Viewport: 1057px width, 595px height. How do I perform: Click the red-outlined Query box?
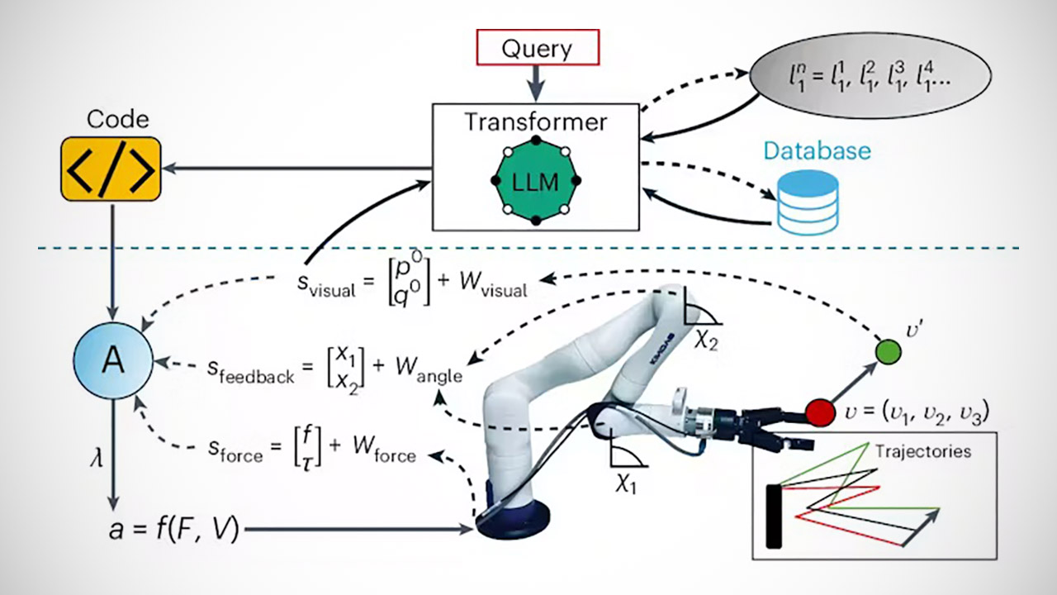(536, 48)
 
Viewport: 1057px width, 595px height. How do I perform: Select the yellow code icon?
(110, 169)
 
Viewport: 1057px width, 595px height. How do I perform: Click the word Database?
(816, 151)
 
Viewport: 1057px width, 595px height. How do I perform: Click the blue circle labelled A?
(112, 363)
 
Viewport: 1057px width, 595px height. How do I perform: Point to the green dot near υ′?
(887, 351)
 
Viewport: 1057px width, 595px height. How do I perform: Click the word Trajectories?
(923, 451)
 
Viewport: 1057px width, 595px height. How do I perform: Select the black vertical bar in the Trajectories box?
(773, 516)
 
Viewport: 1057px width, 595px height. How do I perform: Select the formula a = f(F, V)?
(173, 529)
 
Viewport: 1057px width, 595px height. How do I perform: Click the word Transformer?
(535, 122)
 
